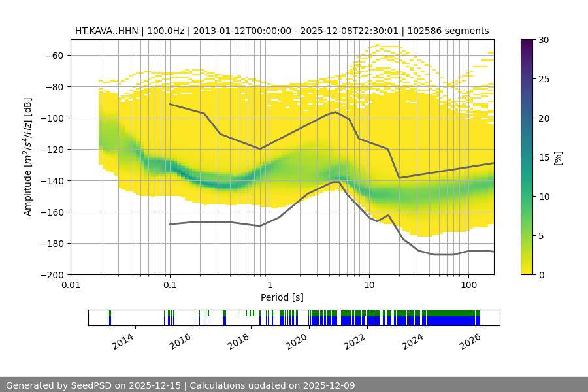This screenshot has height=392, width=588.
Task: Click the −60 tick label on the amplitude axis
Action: [x=54, y=55]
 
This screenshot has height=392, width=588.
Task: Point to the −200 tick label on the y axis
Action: [x=52, y=274]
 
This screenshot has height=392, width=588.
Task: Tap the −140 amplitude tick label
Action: [x=52, y=180]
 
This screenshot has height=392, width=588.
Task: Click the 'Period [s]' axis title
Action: [x=282, y=297]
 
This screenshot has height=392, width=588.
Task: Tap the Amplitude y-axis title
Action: [x=28, y=157]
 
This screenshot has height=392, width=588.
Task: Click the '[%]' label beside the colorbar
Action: [x=557, y=157]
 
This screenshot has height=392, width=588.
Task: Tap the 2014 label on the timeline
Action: [x=122, y=340]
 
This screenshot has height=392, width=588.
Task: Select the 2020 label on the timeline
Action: [x=296, y=340]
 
